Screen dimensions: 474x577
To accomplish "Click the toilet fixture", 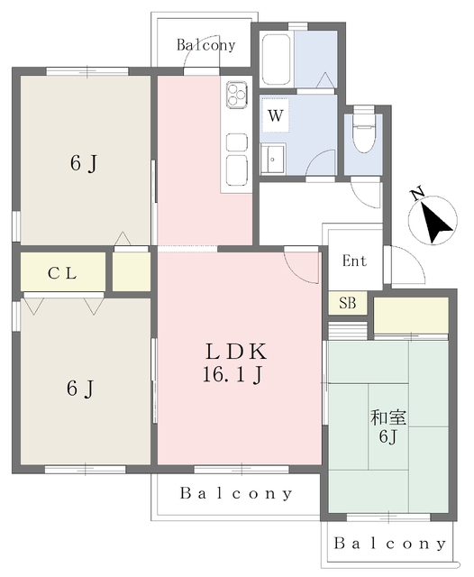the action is coord(364,131).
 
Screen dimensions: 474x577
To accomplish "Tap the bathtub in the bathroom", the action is coord(276,60).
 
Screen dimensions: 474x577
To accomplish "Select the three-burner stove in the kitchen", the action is coord(236,95).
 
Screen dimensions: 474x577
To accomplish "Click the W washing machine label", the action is coord(276,115).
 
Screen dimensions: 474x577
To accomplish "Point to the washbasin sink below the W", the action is coord(272,159).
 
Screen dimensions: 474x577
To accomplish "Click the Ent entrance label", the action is coord(354,261).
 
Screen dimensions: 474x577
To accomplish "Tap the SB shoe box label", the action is coord(348,303).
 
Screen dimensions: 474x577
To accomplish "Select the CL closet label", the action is coord(62,273).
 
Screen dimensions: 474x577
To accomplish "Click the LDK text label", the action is coord(236,352).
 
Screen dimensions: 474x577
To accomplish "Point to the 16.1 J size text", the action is coord(232,375).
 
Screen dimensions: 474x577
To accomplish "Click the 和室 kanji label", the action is coord(388,418).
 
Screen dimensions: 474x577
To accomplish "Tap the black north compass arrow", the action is coord(435,222).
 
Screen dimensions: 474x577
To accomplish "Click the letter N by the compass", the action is coord(417,194).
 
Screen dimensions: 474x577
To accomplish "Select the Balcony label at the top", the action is coord(206,45).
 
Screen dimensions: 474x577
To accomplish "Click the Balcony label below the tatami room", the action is coord(390,544).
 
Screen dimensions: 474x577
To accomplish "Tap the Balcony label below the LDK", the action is coord(236,493).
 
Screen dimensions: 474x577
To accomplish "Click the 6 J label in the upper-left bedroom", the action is coord(84,163).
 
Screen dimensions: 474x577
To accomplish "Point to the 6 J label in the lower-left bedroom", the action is coord(80,389).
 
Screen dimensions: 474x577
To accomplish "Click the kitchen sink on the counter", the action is coord(236,170).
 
